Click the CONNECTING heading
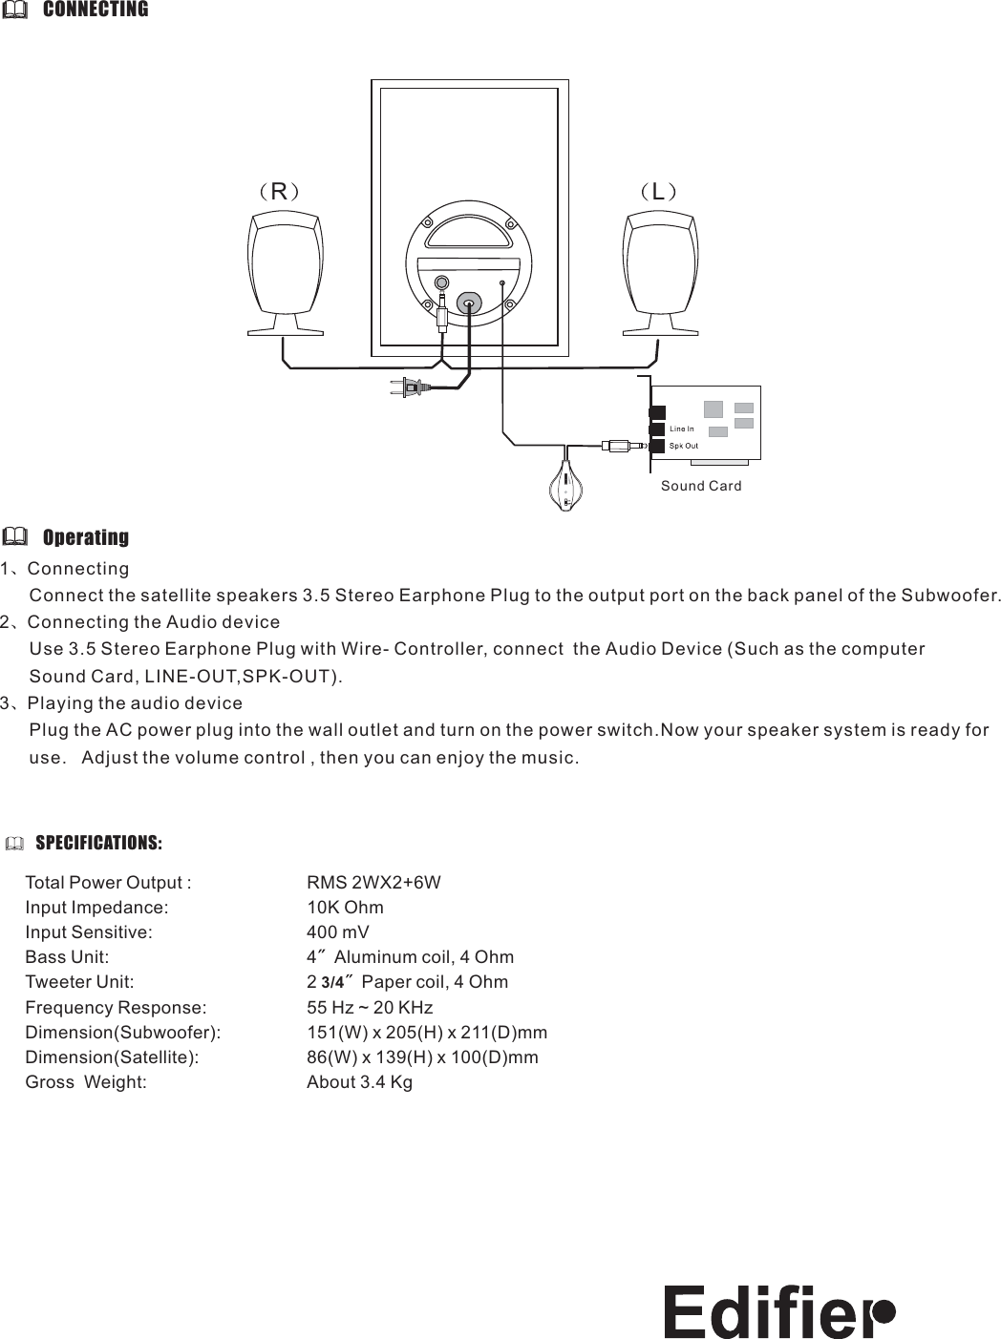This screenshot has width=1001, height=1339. click(x=96, y=10)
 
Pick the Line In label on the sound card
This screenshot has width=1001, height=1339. click(x=681, y=429)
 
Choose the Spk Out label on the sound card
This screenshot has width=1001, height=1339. click(x=683, y=446)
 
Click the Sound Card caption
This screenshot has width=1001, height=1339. click(x=701, y=486)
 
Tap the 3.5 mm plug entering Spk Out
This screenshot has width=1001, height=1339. click(x=622, y=445)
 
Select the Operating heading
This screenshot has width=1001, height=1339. click(x=86, y=537)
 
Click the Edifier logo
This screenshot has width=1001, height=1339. click(x=778, y=1310)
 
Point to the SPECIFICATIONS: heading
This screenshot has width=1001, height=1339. click(x=98, y=843)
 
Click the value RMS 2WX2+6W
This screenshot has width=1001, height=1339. click(x=373, y=882)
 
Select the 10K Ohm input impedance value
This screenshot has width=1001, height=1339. click(x=345, y=907)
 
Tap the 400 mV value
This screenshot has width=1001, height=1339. click(x=337, y=932)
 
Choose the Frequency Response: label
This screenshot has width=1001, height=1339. click(x=116, y=1008)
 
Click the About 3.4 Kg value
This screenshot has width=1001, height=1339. click(x=359, y=1082)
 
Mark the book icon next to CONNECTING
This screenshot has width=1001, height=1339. click(x=15, y=10)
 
